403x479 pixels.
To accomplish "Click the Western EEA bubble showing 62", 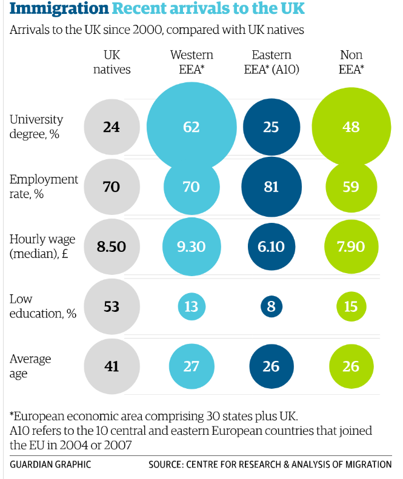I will coord(191,127).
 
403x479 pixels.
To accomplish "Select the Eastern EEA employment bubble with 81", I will coord(271,187).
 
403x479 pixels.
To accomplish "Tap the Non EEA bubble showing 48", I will coord(351,127).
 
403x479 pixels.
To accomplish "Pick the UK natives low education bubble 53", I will coord(112,307).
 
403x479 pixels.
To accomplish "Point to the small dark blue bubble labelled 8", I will coord(271,307).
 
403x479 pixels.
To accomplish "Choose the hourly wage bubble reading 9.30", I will coord(191,247).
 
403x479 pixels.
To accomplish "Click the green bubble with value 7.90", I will coord(351,247).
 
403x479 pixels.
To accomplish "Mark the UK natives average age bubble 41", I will coord(112,366).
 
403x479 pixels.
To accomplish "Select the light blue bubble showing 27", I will coord(191,366).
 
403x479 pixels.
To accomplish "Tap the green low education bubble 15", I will coord(351,307).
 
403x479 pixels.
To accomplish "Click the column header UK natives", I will coord(112,62).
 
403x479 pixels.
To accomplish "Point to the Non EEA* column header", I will coord(351,62).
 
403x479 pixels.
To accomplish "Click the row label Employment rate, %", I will coord(44,187).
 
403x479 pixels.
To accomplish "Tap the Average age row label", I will coord(30,366).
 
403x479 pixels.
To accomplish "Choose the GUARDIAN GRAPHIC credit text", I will coord(50,464).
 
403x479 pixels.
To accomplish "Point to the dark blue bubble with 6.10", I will coord(271,247).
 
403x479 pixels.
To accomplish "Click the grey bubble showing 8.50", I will coord(112,247).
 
